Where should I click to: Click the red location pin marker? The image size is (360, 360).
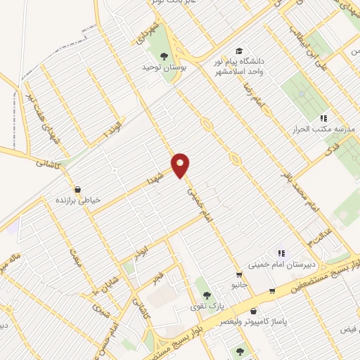coord(181,166)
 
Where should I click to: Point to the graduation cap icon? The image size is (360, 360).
coord(239,51)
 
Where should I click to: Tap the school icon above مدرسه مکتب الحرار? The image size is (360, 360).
coord(323,118)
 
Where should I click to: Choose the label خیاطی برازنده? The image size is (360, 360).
coord(79,200)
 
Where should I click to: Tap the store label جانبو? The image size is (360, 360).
coord(240,285)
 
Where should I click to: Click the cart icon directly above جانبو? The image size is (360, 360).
coord(239,274)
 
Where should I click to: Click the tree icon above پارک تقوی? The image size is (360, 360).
coord(205,293)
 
